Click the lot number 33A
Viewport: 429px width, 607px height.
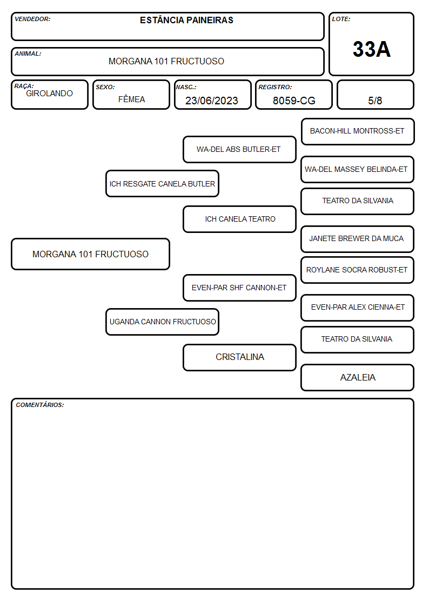[x=371, y=49]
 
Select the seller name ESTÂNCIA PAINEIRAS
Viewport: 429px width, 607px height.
[x=186, y=20]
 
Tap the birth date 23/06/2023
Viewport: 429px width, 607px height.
[x=212, y=101]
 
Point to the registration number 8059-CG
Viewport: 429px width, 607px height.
[x=294, y=101]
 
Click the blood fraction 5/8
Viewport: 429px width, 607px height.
[x=375, y=101]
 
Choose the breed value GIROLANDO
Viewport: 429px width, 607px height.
[x=49, y=94]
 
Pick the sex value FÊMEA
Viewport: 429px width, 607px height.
[x=131, y=99]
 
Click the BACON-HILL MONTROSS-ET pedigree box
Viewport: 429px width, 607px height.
[x=358, y=132]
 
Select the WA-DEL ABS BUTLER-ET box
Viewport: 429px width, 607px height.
[x=239, y=149]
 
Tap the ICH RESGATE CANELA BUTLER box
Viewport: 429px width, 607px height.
[x=162, y=183]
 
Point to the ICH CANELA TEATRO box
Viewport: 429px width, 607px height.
[x=239, y=219]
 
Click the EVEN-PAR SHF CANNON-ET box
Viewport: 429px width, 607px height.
[x=239, y=288]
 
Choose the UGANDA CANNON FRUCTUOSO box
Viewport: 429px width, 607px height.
[x=162, y=322]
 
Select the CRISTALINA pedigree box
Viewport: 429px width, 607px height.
[x=239, y=357]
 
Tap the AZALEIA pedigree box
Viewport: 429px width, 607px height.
[x=358, y=377]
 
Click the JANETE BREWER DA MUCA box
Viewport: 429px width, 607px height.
[x=358, y=239]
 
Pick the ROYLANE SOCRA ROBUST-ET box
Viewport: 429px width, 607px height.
[x=358, y=270]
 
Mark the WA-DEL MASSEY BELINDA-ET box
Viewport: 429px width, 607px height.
[x=358, y=169]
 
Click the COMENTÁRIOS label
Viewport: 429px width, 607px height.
[x=40, y=405]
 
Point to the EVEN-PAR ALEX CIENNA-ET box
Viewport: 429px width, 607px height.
[x=358, y=308]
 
